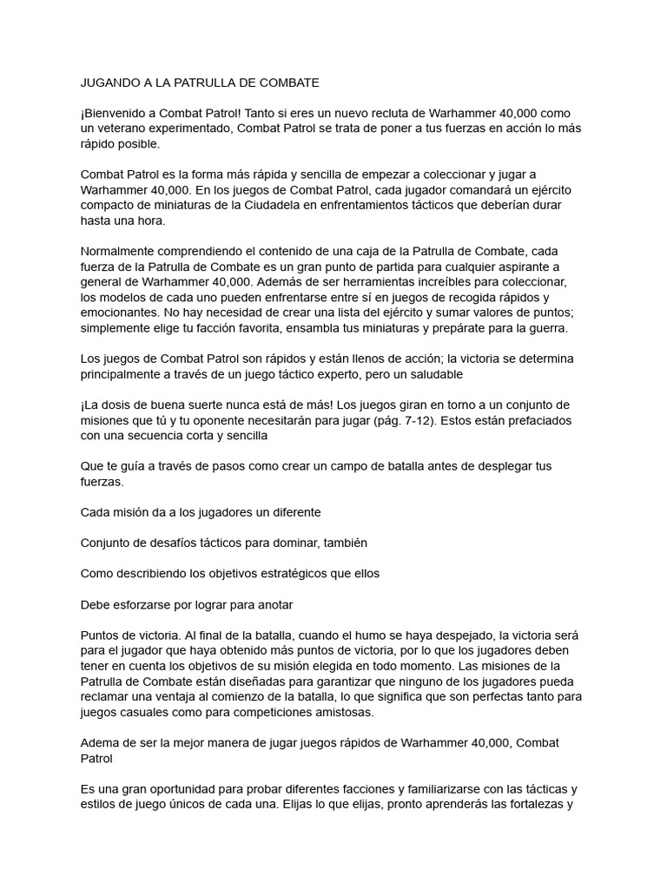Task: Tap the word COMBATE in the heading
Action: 288,83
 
